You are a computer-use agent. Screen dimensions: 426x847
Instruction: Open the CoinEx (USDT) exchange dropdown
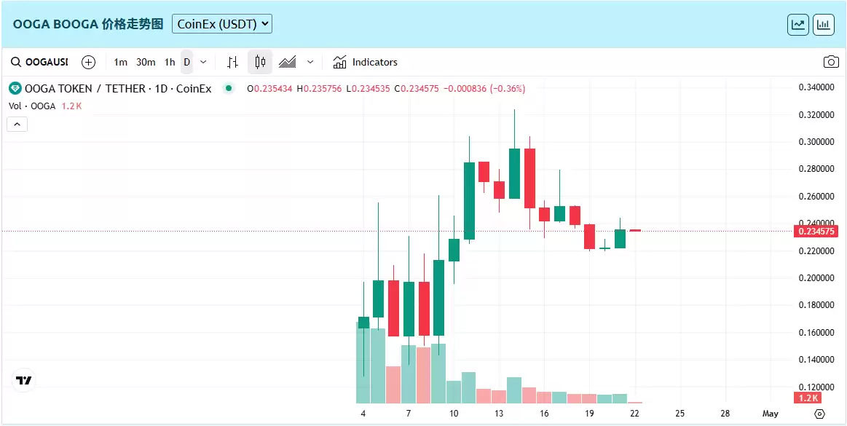[222, 24]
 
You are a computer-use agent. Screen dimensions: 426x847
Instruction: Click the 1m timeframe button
[121, 62]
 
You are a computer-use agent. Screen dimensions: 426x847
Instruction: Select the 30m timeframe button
[146, 62]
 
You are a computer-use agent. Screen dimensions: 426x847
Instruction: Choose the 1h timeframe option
[170, 62]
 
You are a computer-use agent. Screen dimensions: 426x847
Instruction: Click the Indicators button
[366, 62]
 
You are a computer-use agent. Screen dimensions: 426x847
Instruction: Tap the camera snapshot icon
[830, 62]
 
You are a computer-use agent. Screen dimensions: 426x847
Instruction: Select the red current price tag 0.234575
[816, 232]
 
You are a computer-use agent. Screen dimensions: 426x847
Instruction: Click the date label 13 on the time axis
[499, 414]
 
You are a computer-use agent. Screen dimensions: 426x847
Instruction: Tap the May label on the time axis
[770, 414]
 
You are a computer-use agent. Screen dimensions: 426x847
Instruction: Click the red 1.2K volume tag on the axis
[809, 398]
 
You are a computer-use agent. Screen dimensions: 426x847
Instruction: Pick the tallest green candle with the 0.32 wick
[514, 173]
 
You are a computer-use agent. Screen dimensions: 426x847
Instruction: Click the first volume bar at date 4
[363, 363]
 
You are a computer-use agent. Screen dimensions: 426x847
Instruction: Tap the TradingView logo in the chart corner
[24, 380]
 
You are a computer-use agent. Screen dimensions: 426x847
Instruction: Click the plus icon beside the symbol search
[88, 62]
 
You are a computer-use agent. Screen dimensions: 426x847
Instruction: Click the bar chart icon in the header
[824, 24]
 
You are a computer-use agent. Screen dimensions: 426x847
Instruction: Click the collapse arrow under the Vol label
[17, 124]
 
